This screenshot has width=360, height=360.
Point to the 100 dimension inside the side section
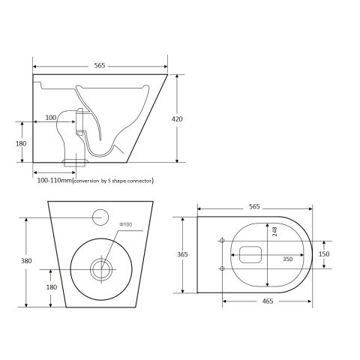pos(51,117)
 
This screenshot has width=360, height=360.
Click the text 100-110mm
pos(52,181)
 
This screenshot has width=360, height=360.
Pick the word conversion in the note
pos(88,181)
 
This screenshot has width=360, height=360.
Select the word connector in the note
pos(142,181)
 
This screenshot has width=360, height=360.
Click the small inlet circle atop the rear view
pos(100,218)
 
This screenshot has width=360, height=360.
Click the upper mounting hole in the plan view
pos(222,241)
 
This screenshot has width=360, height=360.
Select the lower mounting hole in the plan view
pos(222,268)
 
